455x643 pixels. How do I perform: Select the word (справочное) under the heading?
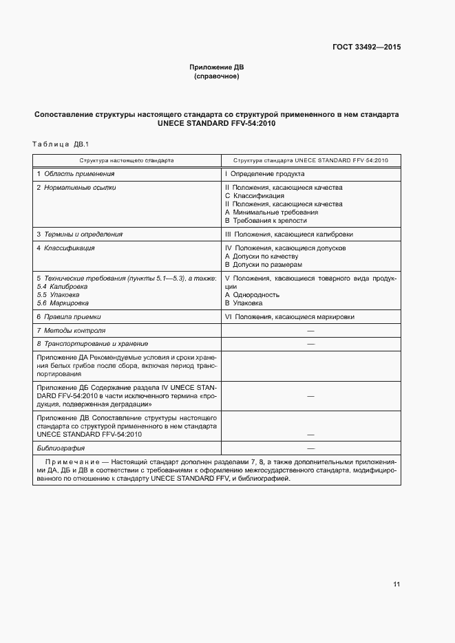coord(217,76)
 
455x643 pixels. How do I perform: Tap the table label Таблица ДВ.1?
coord(61,144)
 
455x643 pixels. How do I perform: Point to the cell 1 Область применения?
coord(75,174)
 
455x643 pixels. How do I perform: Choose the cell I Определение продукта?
coord(264,174)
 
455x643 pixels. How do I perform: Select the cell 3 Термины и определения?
coord(79,234)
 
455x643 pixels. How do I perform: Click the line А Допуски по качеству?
coord(262,256)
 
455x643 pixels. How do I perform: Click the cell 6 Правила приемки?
coord(69,316)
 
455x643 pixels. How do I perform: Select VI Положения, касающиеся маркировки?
coord(290,316)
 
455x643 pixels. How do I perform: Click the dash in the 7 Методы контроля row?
coord(310,331)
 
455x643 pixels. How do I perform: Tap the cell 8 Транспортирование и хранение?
coord(92,343)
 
